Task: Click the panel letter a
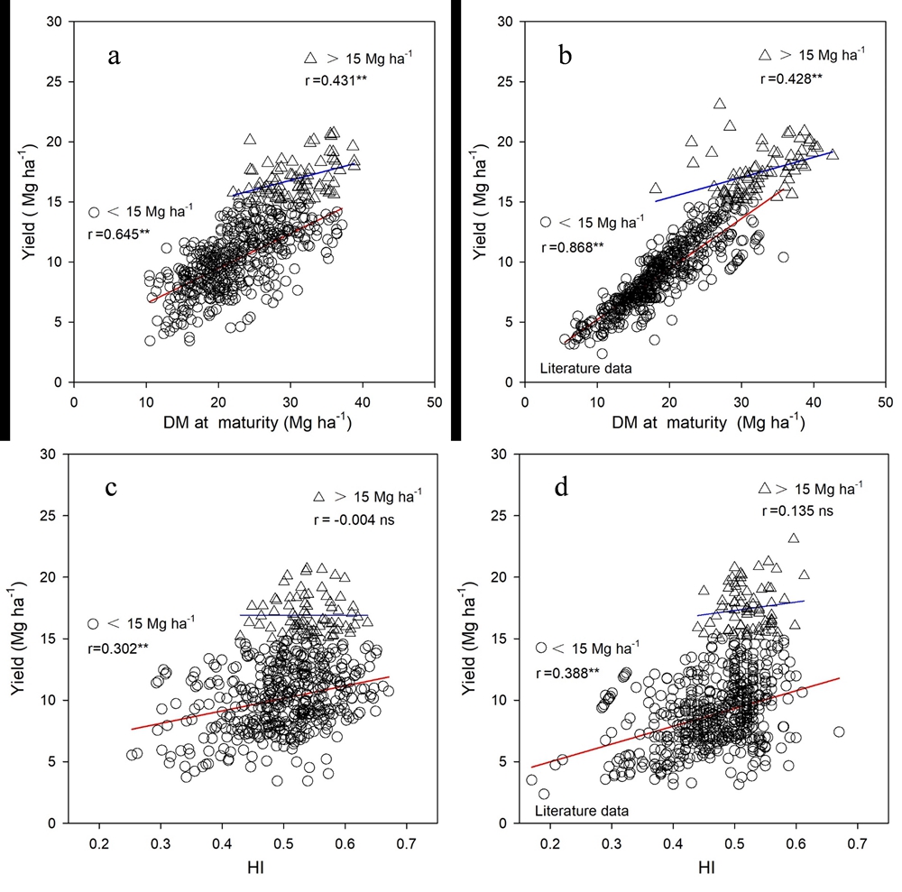coord(114,56)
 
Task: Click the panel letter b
coord(566,56)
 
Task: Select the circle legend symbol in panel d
coord(542,648)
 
